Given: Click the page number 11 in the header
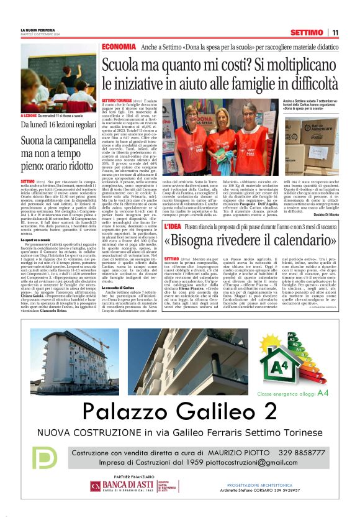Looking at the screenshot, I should click(335, 32).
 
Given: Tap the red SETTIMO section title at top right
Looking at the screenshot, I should click(306, 32).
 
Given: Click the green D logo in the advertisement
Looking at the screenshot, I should click(43, 458).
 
